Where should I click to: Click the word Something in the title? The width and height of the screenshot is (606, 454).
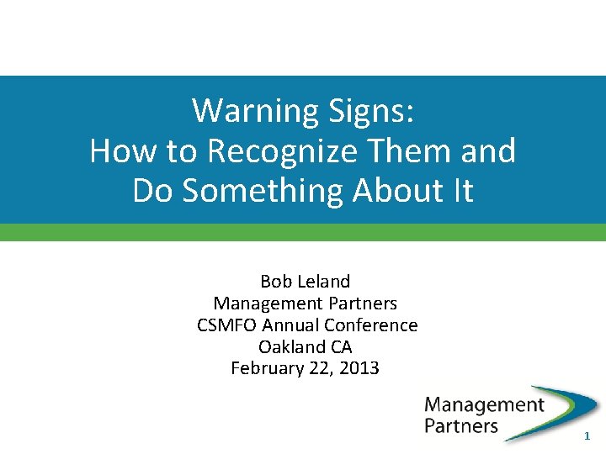coord(261,192)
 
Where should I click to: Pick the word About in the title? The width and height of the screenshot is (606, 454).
coord(397,192)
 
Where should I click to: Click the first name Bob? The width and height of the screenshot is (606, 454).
coord(275,282)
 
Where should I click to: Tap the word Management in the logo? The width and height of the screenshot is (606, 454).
coord(484,404)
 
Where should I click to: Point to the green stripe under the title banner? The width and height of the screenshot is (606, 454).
coord(303,233)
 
